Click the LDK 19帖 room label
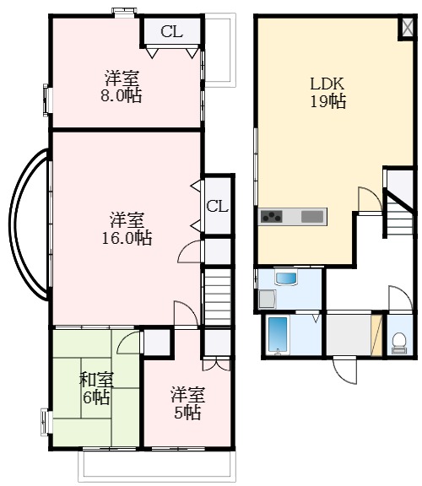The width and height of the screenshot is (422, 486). (x=327, y=92)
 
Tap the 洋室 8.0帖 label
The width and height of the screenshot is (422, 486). (x=122, y=86)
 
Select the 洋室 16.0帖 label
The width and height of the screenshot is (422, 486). (x=127, y=229)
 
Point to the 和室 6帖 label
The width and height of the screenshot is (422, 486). (x=96, y=388)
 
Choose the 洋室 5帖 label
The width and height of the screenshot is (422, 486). (x=187, y=403)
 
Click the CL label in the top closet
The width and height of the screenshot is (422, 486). (x=172, y=31)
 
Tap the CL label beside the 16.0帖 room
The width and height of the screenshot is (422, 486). (x=218, y=206)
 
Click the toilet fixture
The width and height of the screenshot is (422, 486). (x=398, y=343)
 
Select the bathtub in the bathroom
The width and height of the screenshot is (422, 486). (x=279, y=335)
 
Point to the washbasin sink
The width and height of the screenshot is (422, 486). (x=286, y=278)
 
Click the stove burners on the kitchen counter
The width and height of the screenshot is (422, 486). (x=272, y=216)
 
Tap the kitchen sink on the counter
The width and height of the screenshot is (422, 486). (x=312, y=216)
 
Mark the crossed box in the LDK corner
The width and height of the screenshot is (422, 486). (x=408, y=27)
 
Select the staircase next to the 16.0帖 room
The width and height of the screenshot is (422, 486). (x=218, y=297)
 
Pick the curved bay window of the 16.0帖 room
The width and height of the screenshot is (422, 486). (x=28, y=224)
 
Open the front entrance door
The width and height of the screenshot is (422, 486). (x=345, y=370)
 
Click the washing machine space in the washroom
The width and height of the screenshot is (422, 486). (x=268, y=299)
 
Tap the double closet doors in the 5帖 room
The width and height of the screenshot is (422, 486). (x=217, y=364)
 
